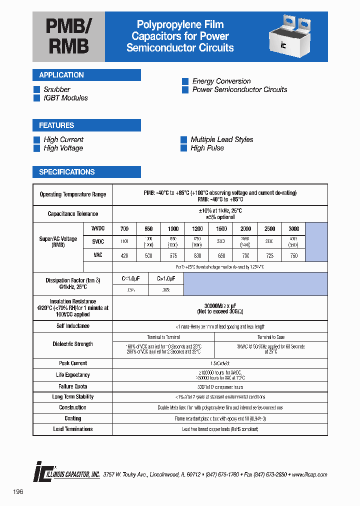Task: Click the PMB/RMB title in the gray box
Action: pyautogui.click(x=68, y=36)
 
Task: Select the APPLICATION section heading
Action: pyautogui.click(x=61, y=75)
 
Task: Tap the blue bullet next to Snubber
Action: pyautogui.click(x=36, y=89)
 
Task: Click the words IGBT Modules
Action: pyautogui.click(x=65, y=98)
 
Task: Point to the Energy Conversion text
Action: pyautogui.click(x=221, y=81)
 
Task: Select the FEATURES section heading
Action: pyautogui.click(x=56, y=125)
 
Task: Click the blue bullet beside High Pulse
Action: pyautogui.click(x=183, y=148)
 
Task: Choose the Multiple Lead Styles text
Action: pyautogui.click(x=221, y=139)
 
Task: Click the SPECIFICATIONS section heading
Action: pyautogui.click(x=67, y=172)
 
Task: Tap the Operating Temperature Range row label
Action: pyautogui.click(x=73, y=194)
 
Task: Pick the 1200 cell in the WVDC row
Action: pyautogui.click(x=197, y=229)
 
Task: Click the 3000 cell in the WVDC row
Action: pyautogui.click(x=293, y=229)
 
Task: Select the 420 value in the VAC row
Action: pyautogui.click(x=124, y=256)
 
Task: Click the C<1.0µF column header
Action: pyautogui.click(x=130, y=278)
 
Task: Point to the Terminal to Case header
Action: pyautogui.click(x=270, y=337)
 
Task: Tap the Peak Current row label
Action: pyautogui.click(x=73, y=363)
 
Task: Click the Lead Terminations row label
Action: pyautogui.click(x=73, y=429)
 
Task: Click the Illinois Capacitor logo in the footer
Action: pyautogui.click(x=67, y=474)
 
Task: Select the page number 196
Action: pyautogui.click(x=18, y=492)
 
